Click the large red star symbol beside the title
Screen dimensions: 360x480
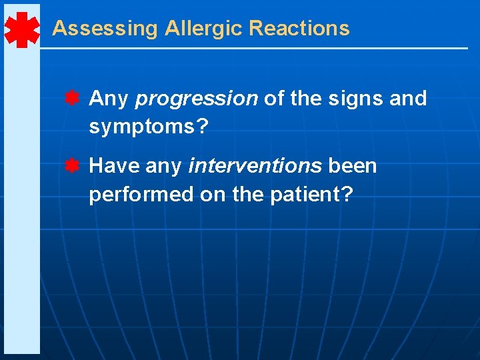click(21, 29)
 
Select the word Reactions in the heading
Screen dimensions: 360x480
click(299, 29)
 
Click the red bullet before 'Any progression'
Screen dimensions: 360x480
click(73, 99)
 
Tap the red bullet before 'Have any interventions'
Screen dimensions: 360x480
click(73, 165)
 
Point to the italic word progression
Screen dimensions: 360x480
click(196, 99)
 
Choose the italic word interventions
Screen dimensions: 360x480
click(255, 165)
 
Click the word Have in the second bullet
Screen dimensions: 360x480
click(114, 165)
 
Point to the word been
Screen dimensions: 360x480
click(352, 165)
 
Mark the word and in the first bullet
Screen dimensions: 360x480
click(407, 99)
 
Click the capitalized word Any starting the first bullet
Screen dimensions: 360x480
click(108, 99)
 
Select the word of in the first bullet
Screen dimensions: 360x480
click(273, 99)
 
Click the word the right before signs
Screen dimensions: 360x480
click(306, 99)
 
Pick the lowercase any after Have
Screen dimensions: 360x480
click(163, 165)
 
